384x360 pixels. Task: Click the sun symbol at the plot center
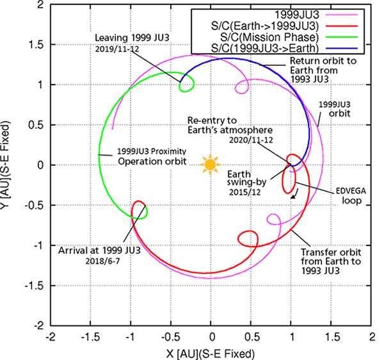pos(211,164)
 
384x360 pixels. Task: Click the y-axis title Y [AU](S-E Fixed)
pos(8,165)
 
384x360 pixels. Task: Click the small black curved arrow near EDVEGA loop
pos(294,196)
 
